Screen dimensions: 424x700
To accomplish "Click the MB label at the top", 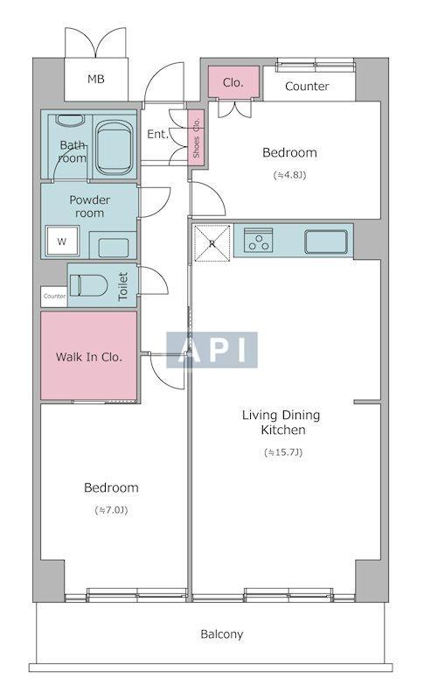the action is pos(96,80).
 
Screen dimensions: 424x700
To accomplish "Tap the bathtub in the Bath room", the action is pos(115,147).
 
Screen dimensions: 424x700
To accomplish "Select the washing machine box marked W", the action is pos(62,241).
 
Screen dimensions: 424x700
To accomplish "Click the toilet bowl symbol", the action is pos(88,285).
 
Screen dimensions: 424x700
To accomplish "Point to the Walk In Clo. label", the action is pos(88,357).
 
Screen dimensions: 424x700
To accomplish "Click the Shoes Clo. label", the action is pos(196,138).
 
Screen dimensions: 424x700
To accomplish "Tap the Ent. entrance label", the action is pos(158,134).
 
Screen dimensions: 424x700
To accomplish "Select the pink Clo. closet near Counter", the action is pos(233,82).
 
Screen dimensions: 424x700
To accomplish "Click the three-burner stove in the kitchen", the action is pos(258,240).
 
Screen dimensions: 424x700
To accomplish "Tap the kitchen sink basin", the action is pos(326,241).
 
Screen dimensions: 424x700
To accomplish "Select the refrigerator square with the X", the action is pos(212,243).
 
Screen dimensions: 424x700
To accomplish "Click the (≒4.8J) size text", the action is pos(289,175).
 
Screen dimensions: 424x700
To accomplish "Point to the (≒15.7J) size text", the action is pos(283,452).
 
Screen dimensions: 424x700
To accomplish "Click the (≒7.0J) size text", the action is pos(111,510).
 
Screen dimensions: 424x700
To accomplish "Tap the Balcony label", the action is pos(221,633).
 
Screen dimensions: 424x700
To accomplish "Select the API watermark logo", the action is pos(212,350).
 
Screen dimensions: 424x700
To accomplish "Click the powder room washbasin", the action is pos(114,247).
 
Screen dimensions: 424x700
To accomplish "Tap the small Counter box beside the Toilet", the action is pos(54,297).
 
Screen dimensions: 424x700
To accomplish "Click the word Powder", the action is pos(90,200).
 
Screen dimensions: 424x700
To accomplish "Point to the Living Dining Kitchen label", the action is pos(282,423).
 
